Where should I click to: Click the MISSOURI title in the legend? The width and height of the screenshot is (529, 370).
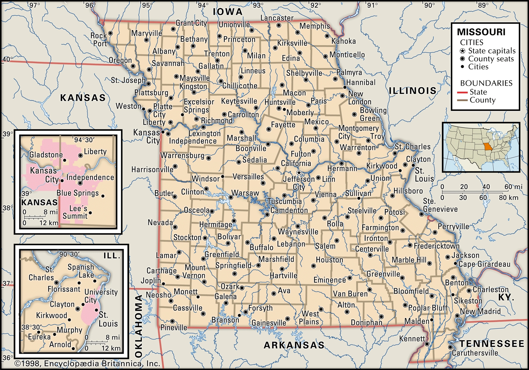point(481,32)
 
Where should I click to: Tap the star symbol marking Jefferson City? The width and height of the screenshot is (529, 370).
point(299,173)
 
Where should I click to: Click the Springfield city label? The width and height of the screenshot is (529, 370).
point(233,265)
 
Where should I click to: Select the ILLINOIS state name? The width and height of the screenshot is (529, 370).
point(412,91)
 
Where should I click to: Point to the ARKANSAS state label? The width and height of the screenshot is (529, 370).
point(294,345)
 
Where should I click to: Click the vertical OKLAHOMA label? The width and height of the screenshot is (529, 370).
point(139,326)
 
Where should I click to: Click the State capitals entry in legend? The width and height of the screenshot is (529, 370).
point(492,51)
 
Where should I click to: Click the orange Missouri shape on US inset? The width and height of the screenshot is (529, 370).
point(487,147)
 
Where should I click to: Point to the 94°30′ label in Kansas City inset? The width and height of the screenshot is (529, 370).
point(84,140)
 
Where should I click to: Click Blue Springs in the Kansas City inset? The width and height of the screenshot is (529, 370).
point(77,193)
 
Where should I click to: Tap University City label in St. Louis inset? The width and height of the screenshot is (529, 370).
point(101,296)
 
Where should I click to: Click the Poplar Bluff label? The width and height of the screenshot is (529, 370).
point(427,308)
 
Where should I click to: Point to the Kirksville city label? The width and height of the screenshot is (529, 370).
point(292,43)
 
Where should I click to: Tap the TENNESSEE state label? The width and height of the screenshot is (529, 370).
point(492,344)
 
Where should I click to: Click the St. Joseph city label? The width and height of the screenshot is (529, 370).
point(128,80)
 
